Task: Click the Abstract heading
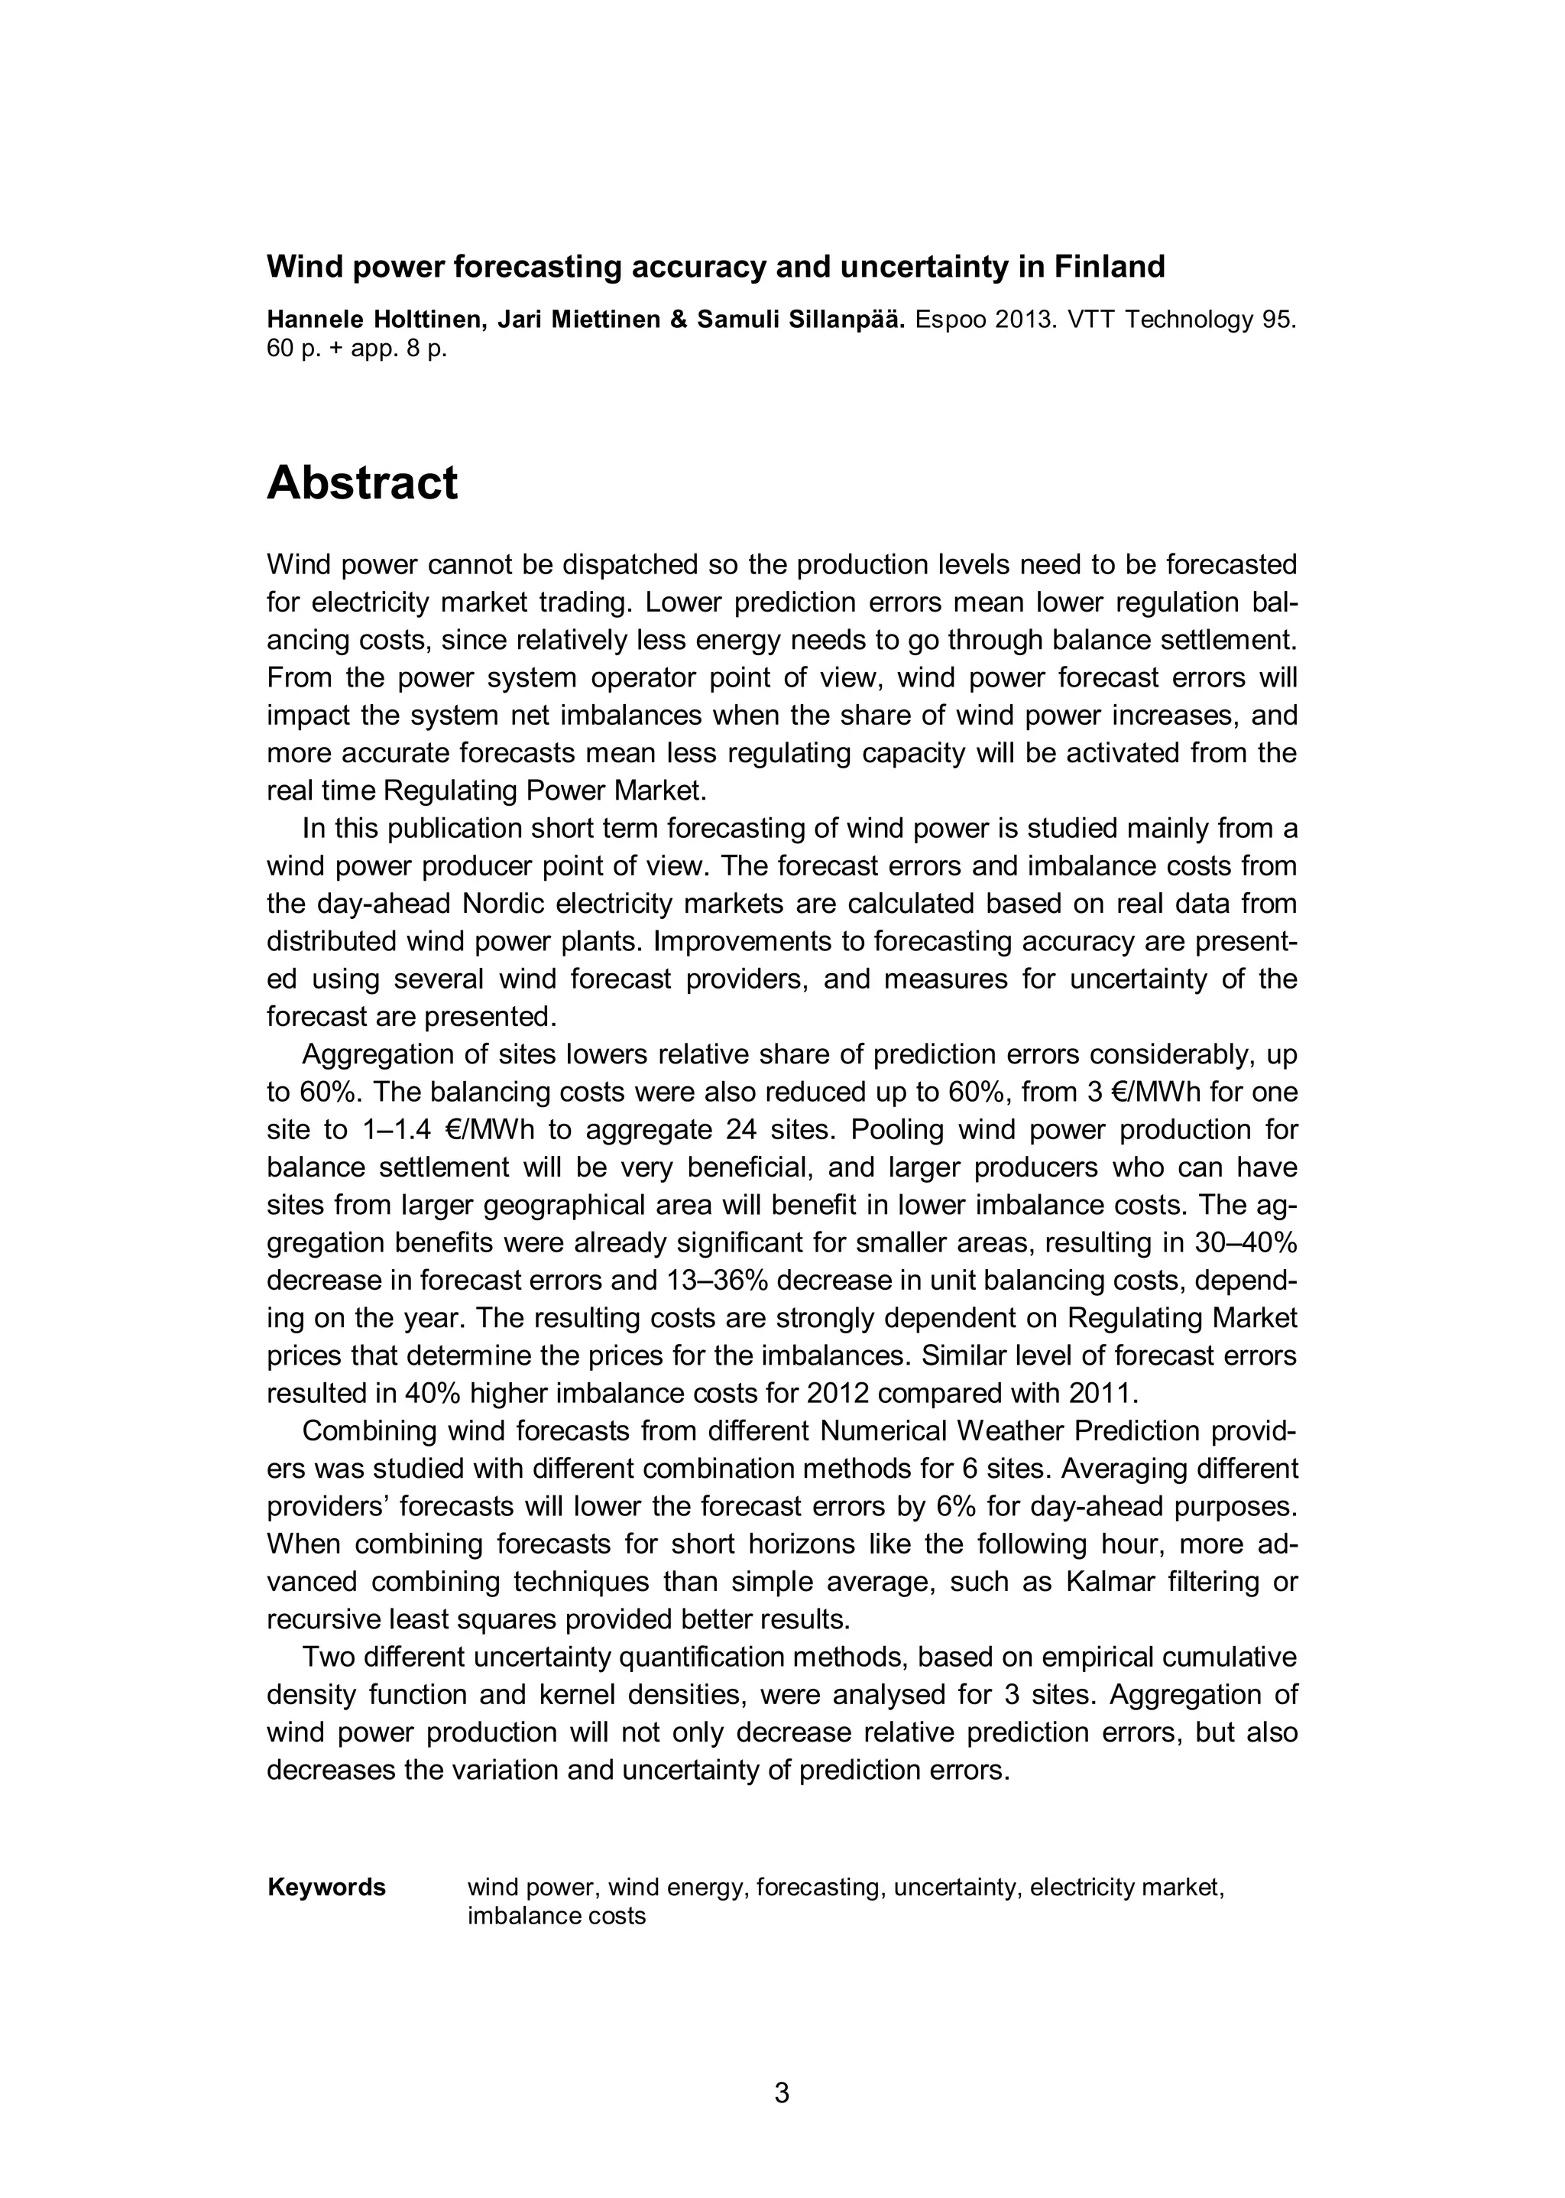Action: [x=361, y=483]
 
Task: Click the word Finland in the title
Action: [x=1108, y=266]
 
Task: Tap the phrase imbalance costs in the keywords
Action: [x=556, y=1916]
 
